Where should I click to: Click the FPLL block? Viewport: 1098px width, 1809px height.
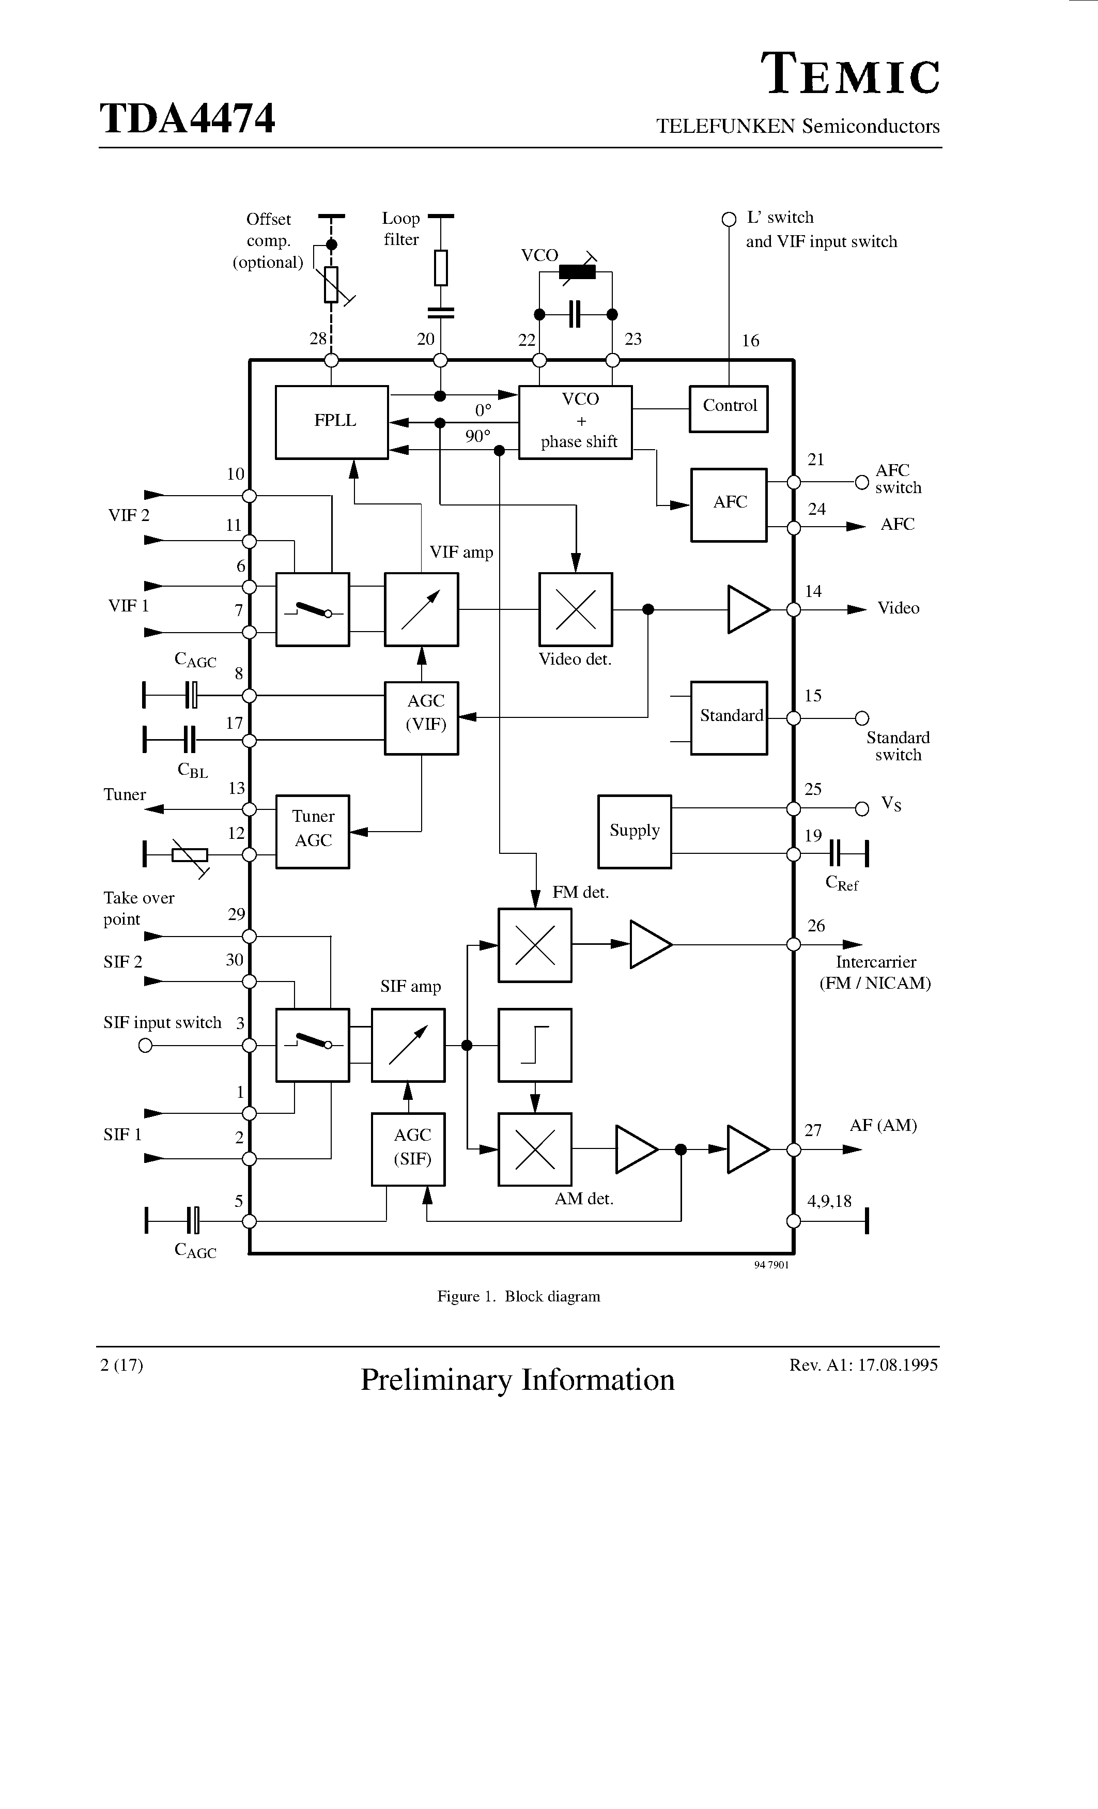click(x=332, y=422)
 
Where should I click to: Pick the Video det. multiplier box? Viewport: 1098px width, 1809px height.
click(x=576, y=609)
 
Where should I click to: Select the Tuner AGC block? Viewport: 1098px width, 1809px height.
click(x=313, y=831)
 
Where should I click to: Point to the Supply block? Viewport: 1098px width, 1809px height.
click(x=634, y=831)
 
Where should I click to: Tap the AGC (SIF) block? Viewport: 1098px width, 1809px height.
click(x=408, y=1149)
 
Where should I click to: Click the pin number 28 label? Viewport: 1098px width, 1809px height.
click(x=317, y=339)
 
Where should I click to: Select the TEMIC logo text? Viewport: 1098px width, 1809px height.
click(x=850, y=75)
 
